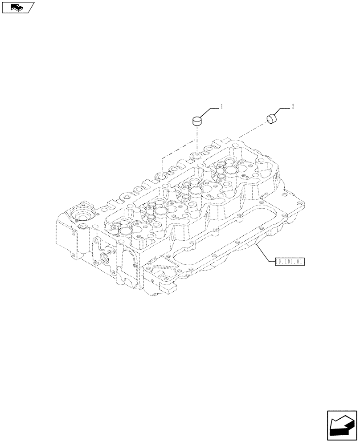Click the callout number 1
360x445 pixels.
coord(221,106)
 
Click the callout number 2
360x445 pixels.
coord(292,106)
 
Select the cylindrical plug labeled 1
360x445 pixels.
coord(197,120)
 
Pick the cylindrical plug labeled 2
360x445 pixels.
coord(272,119)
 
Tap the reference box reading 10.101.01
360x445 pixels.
coord(290,262)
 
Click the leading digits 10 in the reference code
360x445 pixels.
coord(280,262)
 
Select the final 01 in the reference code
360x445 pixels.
coord(299,262)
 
